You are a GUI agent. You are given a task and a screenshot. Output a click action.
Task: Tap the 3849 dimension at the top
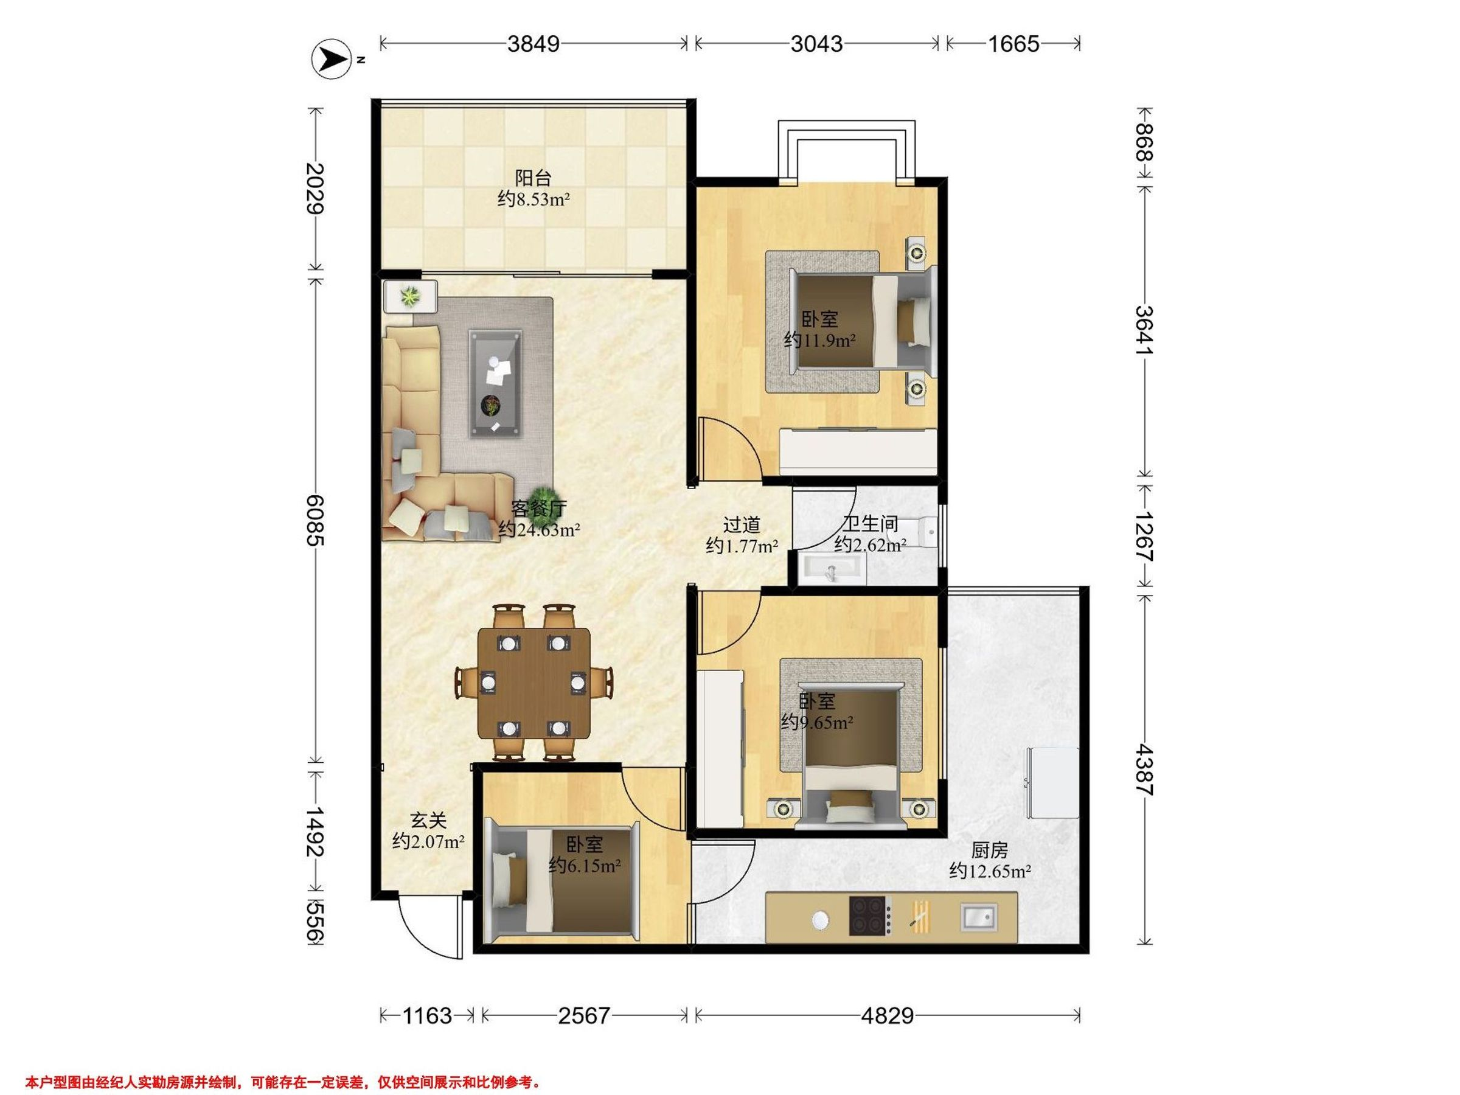[x=534, y=44]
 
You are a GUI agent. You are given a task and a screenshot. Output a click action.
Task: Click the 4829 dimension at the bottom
[x=887, y=1015]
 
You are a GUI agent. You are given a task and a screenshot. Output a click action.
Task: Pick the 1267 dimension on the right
[x=1144, y=536]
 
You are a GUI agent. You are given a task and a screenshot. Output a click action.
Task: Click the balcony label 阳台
[x=533, y=178]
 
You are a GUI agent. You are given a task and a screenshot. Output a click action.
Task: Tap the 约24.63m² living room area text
[x=539, y=529]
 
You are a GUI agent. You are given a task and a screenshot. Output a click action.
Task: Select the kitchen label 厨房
[x=989, y=850]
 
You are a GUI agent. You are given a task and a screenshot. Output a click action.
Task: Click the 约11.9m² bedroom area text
[x=820, y=340]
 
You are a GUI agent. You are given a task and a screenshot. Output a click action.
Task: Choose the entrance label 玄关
[x=428, y=821]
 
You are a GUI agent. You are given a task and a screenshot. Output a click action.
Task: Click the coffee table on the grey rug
[x=495, y=383]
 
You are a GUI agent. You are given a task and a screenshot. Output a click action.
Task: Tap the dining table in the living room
[x=534, y=683]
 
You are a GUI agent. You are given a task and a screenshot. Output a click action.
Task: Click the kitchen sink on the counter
[x=979, y=917]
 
